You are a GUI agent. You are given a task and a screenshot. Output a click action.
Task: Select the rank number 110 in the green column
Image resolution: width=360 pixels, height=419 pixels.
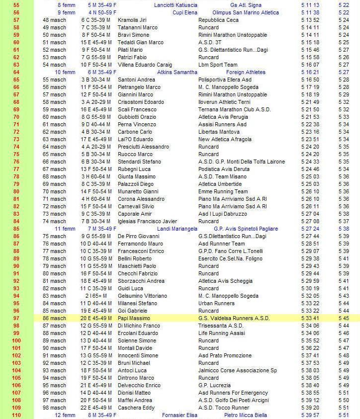16,415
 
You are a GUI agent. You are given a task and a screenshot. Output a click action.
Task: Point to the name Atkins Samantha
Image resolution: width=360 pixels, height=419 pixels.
178,72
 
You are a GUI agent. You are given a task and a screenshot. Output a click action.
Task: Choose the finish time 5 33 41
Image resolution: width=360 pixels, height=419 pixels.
310,318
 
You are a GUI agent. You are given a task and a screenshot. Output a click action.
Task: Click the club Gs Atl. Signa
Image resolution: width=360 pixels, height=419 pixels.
246,5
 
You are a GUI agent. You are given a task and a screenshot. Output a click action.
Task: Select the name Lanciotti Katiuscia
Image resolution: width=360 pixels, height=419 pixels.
176,5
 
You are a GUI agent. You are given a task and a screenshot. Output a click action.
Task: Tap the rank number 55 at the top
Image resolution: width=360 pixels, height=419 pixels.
16,5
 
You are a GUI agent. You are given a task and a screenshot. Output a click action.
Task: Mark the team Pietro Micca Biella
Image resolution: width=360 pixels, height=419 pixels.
245,415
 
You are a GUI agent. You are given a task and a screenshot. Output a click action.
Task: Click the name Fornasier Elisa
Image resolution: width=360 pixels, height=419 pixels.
180,415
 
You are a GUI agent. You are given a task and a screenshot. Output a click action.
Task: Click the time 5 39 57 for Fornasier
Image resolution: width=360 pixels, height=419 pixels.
310,415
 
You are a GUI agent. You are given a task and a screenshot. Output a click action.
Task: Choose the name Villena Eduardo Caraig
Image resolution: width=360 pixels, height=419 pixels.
145,65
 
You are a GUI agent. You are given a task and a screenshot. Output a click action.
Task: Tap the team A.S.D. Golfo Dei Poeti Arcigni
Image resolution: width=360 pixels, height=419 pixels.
234,400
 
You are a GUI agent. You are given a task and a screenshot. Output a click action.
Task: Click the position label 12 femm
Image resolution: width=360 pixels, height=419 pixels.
65,415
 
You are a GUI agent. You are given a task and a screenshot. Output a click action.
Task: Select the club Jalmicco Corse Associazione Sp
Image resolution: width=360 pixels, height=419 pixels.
237,370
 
